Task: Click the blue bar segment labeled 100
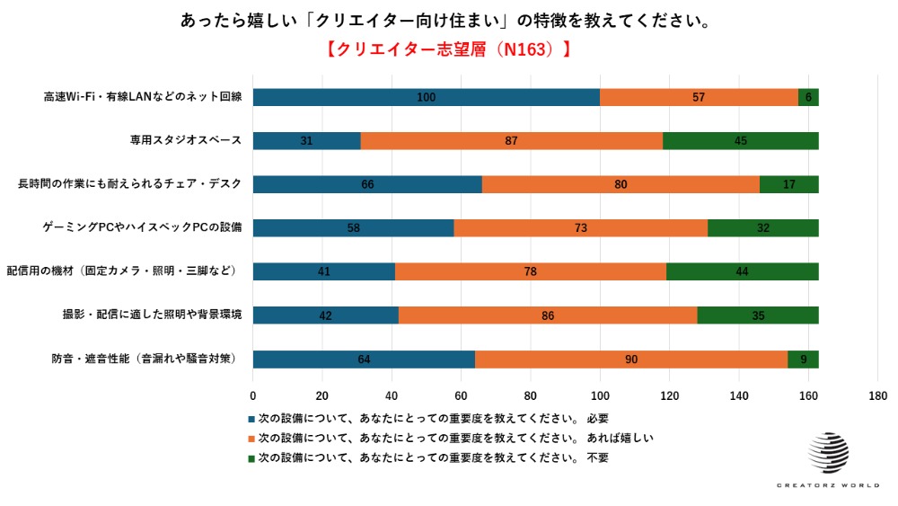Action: pos(426,97)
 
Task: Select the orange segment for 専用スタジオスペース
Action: pos(511,141)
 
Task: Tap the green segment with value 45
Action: pos(741,141)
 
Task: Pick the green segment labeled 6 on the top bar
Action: pos(808,97)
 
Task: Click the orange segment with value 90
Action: pos(631,360)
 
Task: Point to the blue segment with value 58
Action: pos(353,228)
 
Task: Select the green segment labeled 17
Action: pos(788,184)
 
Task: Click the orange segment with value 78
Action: pos(530,271)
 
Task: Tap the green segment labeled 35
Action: pos(758,315)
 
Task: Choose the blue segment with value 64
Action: pos(364,360)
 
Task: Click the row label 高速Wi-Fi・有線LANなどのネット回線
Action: pos(143,97)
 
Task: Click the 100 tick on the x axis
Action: pos(600,395)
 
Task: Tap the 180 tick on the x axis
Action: pos(878,395)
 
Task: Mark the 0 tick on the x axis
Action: pos(252,395)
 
